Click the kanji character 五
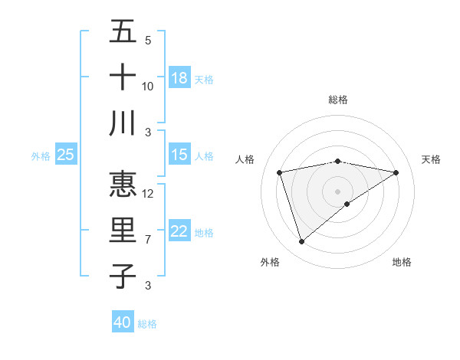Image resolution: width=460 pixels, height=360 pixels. pyautogui.click(x=123, y=32)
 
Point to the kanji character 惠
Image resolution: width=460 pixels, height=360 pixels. pyautogui.click(x=123, y=185)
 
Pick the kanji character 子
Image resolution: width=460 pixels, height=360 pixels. pyautogui.click(x=123, y=276)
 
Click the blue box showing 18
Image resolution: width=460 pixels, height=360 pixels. pyautogui.click(x=179, y=78)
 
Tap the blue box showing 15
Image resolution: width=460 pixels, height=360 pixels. pyautogui.click(x=179, y=155)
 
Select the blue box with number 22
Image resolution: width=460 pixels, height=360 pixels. pyautogui.click(x=179, y=231)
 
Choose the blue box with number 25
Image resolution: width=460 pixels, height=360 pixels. pyautogui.click(x=66, y=155)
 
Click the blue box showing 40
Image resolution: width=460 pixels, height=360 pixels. pyautogui.click(x=123, y=322)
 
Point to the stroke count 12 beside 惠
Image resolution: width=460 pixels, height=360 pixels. pyautogui.click(x=148, y=193)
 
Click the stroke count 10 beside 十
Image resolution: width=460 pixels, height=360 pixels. pyautogui.click(x=148, y=86)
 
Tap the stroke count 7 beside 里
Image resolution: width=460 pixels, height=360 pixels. pyautogui.click(x=148, y=240)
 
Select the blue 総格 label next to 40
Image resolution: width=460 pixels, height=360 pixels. pyautogui.click(x=147, y=324)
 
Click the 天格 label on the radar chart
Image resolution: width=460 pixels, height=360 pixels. pyautogui.click(x=431, y=159)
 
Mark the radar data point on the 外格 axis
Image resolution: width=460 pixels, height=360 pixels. pyautogui.click(x=301, y=242)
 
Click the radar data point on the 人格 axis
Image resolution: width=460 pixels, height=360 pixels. pyautogui.click(x=280, y=172)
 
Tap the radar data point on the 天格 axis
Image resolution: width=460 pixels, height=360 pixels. pyautogui.click(x=396, y=172)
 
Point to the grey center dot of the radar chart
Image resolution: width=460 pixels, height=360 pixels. pyautogui.click(x=337, y=190)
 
